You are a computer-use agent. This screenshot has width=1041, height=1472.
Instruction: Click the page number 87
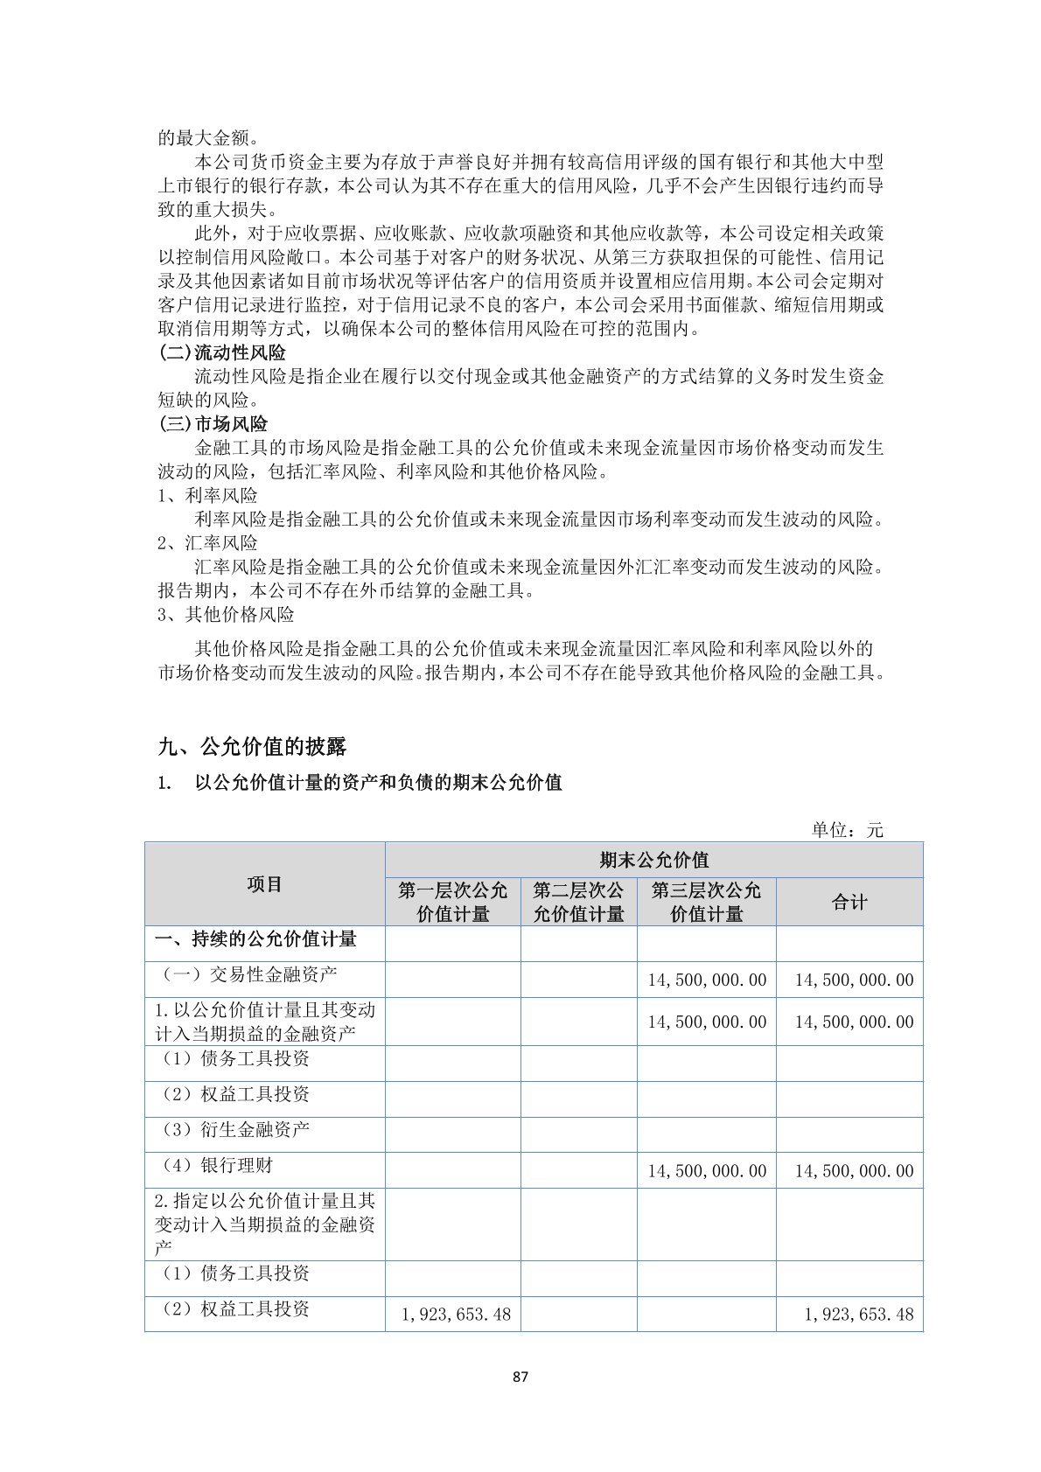pos(520,1377)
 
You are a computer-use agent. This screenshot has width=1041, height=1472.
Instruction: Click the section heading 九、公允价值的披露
pos(252,746)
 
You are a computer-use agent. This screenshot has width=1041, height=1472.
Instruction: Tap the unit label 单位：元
pos(847,830)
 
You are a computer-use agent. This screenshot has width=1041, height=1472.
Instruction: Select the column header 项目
pos(264,884)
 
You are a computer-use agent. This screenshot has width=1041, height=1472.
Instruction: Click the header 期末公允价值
pos(653,860)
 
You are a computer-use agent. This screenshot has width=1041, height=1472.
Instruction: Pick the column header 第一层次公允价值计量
pos(452,902)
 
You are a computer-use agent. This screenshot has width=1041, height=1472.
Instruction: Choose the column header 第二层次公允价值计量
pos(578,902)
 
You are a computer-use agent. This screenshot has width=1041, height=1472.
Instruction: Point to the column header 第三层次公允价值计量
pos(706,902)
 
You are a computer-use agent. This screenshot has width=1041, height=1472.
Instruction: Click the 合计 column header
pos(849,902)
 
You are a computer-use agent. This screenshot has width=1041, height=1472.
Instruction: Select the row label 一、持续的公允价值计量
pos(255,939)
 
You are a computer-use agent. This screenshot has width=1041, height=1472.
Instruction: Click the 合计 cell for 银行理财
pos(853,1171)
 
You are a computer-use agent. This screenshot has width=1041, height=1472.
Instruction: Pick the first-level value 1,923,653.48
pos(456,1315)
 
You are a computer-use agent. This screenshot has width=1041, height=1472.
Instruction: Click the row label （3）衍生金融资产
pos(234,1130)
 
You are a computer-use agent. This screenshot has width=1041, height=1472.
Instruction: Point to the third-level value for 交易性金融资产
pos(706,980)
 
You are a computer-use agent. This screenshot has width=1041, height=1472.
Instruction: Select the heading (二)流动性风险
pos(222,352)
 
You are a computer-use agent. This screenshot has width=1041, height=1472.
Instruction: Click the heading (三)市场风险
pos(213,424)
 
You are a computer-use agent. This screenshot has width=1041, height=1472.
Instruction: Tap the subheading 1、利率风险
pos(207,495)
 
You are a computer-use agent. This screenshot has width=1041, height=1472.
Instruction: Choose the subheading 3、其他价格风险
pos(226,615)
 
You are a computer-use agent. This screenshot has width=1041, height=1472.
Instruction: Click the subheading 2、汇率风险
pos(207,543)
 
